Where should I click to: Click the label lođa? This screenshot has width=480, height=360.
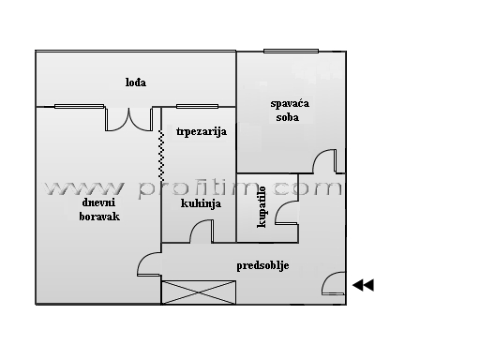(136, 82)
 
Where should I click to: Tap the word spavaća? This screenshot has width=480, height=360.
(290, 104)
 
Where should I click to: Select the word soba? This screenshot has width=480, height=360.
(288, 117)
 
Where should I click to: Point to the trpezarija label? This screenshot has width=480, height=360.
(202, 131)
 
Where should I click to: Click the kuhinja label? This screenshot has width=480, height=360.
(201, 203)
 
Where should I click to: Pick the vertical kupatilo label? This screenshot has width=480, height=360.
(262, 207)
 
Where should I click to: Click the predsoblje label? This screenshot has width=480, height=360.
(262, 266)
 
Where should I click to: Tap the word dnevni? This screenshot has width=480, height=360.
(98, 202)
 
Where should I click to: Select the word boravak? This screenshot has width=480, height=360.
(99, 217)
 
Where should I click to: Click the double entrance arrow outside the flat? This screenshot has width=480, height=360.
(363, 285)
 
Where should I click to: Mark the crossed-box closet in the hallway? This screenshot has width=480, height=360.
(199, 292)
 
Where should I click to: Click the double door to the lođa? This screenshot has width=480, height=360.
(128, 119)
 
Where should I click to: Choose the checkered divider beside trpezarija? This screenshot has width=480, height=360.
(161, 156)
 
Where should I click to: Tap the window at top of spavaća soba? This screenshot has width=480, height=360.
(291, 51)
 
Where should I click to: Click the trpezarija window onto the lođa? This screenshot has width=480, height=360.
(197, 107)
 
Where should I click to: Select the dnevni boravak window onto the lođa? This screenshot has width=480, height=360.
(80, 107)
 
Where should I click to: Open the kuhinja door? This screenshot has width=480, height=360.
(202, 231)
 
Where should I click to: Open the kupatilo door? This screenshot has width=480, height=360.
(286, 213)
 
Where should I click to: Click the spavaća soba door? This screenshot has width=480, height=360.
(325, 161)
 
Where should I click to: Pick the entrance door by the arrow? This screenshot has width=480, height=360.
(334, 283)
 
